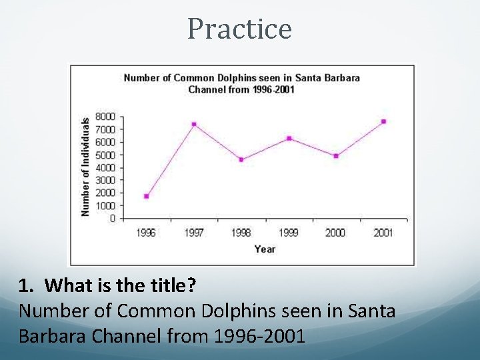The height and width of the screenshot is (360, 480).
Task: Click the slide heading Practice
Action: click(x=239, y=29)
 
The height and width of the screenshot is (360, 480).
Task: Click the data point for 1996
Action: click(x=146, y=196)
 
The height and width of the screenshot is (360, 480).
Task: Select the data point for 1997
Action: click(x=194, y=124)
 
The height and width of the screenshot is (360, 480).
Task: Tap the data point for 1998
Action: click(x=241, y=159)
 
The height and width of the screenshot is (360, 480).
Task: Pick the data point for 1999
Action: click(x=289, y=138)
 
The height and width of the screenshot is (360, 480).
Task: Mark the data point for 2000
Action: click(x=336, y=156)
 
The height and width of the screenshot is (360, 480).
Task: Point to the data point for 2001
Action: click(x=383, y=121)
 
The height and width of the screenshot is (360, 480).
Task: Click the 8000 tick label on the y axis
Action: click(x=105, y=116)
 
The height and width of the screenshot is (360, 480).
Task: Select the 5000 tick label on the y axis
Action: click(x=105, y=155)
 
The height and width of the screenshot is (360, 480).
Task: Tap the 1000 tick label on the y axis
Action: click(x=105, y=205)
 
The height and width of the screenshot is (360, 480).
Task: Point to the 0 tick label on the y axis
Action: click(x=112, y=218)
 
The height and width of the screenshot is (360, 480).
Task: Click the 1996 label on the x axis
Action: click(x=146, y=233)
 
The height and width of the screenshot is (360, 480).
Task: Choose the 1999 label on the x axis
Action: click(x=289, y=233)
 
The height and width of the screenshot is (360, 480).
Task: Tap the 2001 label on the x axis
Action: click(x=383, y=233)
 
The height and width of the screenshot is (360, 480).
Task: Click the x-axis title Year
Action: click(x=265, y=249)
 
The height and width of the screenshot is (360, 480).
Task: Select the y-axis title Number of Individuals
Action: click(x=85, y=167)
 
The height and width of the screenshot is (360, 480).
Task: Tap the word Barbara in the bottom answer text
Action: click(x=51, y=335)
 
